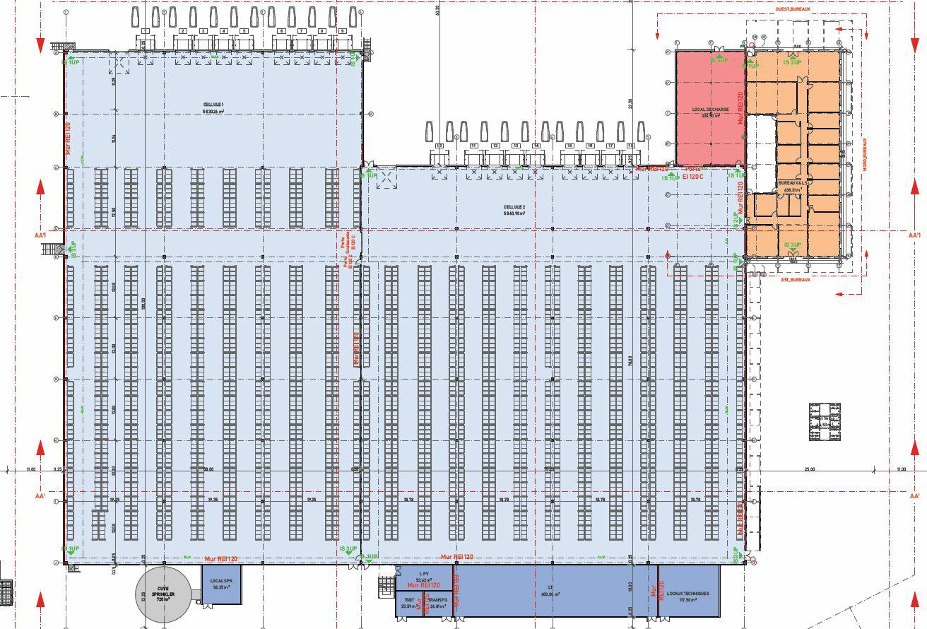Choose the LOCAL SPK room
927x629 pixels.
221,584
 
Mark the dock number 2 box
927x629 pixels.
182,31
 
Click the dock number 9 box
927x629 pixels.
343,31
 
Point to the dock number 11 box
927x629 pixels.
473,146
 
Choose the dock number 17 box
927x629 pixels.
610,146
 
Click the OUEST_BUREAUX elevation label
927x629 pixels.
792,9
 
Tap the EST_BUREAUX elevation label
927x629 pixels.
795,280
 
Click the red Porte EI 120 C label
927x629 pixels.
693,173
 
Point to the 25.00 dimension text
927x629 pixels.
810,469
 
